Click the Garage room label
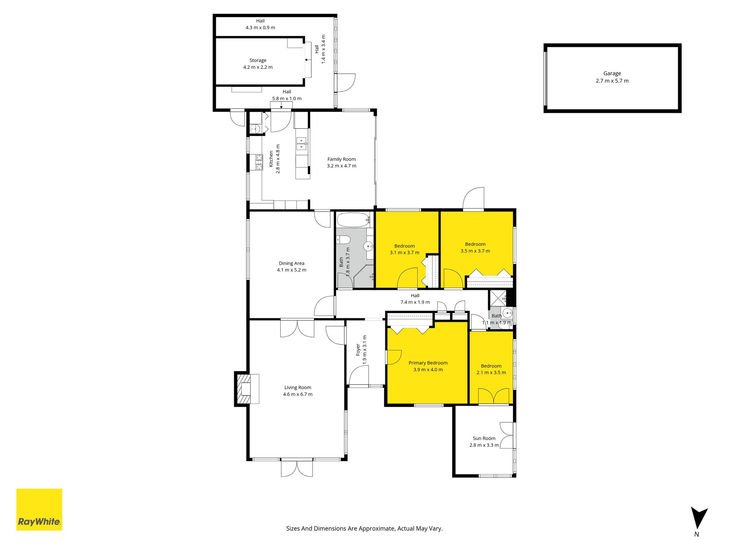click(612, 74)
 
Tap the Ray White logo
click(39, 509)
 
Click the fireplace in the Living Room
click(247, 389)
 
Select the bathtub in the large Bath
click(353, 220)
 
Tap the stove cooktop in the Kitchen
click(259, 162)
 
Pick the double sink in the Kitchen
click(301, 144)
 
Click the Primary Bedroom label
click(428, 363)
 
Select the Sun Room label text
click(484, 438)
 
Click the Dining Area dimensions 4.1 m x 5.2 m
click(292, 270)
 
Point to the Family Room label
click(342, 160)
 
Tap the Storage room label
click(258, 61)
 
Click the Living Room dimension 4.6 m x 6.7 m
click(298, 394)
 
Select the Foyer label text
click(358, 349)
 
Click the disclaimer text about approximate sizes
click(364, 528)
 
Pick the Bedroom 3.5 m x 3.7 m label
click(475, 248)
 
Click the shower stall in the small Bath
click(498, 298)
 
